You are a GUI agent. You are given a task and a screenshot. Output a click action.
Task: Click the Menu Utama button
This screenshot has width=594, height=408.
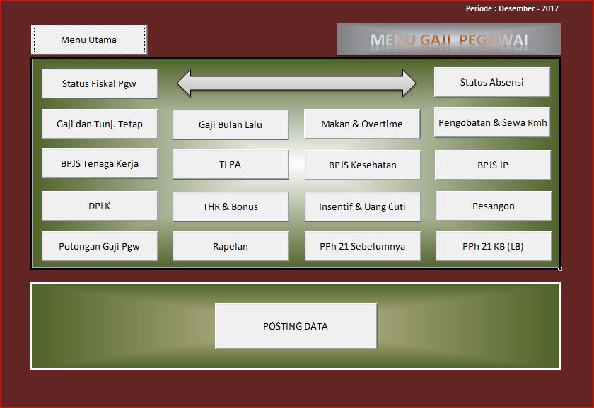(x=89, y=40)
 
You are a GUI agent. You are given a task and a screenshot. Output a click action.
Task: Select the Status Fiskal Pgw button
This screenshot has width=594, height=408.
(x=100, y=83)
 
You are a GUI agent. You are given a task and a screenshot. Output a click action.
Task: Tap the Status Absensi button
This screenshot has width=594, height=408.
(x=492, y=82)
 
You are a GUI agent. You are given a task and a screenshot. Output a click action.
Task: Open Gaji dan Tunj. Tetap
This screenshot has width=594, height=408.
(x=100, y=124)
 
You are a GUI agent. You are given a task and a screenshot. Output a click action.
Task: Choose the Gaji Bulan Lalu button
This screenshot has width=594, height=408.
(x=231, y=124)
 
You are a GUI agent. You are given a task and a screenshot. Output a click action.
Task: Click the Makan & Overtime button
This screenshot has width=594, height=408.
(x=362, y=124)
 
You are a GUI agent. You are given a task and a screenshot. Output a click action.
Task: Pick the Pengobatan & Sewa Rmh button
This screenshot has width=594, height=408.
(x=493, y=122)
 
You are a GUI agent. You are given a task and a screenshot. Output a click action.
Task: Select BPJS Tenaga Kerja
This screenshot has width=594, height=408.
(x=100, y=164)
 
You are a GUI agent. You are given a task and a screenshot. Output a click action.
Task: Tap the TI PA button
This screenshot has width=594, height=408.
(x=231, y=165)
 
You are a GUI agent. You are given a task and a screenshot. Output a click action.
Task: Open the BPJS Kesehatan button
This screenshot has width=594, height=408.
(x=362, y=165)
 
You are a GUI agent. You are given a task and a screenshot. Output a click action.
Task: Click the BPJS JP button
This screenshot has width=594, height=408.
(x=493, y=165)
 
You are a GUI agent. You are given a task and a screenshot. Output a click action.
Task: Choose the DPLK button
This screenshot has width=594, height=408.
(x=100, y=206)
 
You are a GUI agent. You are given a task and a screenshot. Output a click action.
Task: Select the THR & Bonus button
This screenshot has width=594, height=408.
(x=231, y=206)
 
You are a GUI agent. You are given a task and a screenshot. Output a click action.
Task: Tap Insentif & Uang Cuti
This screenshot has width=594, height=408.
(x=362, y=206)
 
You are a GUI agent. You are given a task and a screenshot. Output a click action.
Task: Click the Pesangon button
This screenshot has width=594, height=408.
(x=493, y=206)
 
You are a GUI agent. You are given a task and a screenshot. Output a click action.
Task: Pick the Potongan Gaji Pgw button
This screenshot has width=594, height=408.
(x=100, y=247)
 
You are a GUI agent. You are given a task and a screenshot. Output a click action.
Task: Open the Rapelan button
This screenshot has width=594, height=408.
(x=231, y=247)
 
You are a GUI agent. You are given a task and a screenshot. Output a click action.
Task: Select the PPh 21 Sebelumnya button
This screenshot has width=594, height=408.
(x=362, y=247)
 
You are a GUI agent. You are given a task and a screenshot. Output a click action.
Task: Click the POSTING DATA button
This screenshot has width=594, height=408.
(x=296, y=326)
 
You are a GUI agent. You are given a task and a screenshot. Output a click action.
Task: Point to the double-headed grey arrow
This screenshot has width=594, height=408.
(x=296, y=83)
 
